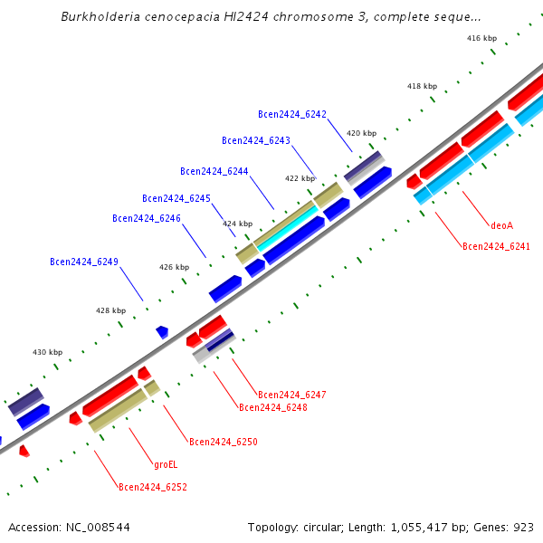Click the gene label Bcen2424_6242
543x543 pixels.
point(292,114)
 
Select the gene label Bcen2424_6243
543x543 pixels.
point(256,140)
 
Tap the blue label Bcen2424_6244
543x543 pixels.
point(214,171)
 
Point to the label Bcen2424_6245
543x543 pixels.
point(176,198)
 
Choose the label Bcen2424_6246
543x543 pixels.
point(147,218)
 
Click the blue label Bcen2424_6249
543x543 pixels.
point(84,262)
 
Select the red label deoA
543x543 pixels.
point(501,225)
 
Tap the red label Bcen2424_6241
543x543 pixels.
point(496,246)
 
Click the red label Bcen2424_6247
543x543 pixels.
point(291,395)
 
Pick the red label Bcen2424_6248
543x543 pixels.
point(272,408)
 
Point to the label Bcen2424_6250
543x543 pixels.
point(224,442)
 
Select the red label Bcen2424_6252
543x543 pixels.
point(153,487)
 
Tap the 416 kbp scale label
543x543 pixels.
point(481,38)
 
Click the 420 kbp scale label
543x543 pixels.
point(361,133)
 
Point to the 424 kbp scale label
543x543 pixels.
point(238,223)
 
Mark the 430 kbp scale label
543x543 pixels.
point(48,352)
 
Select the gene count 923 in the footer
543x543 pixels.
point(524,526)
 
